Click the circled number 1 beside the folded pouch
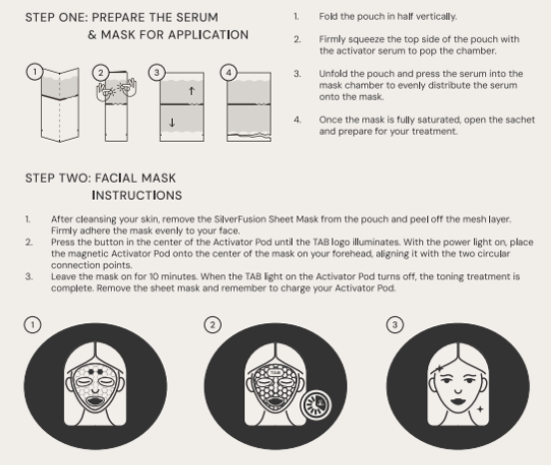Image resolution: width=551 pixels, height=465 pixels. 34,72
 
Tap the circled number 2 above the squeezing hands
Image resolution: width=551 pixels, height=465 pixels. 101,73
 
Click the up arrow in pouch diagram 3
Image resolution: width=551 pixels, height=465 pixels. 192,91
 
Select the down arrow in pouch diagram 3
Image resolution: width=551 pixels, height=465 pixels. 172,123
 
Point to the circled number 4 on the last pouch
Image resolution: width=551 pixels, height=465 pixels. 229,73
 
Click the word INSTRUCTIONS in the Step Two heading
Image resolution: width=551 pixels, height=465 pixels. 137,196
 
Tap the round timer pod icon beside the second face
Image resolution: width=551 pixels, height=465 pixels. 315,405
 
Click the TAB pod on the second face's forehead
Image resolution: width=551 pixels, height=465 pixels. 275,371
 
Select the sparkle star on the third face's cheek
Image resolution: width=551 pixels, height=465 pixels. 480,409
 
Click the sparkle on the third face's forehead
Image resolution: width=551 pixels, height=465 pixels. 439,368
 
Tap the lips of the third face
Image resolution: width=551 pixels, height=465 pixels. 458,401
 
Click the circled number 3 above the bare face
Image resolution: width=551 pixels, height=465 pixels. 394,324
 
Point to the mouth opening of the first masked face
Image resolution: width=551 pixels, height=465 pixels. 95,401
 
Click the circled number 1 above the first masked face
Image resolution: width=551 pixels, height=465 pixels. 33,324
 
